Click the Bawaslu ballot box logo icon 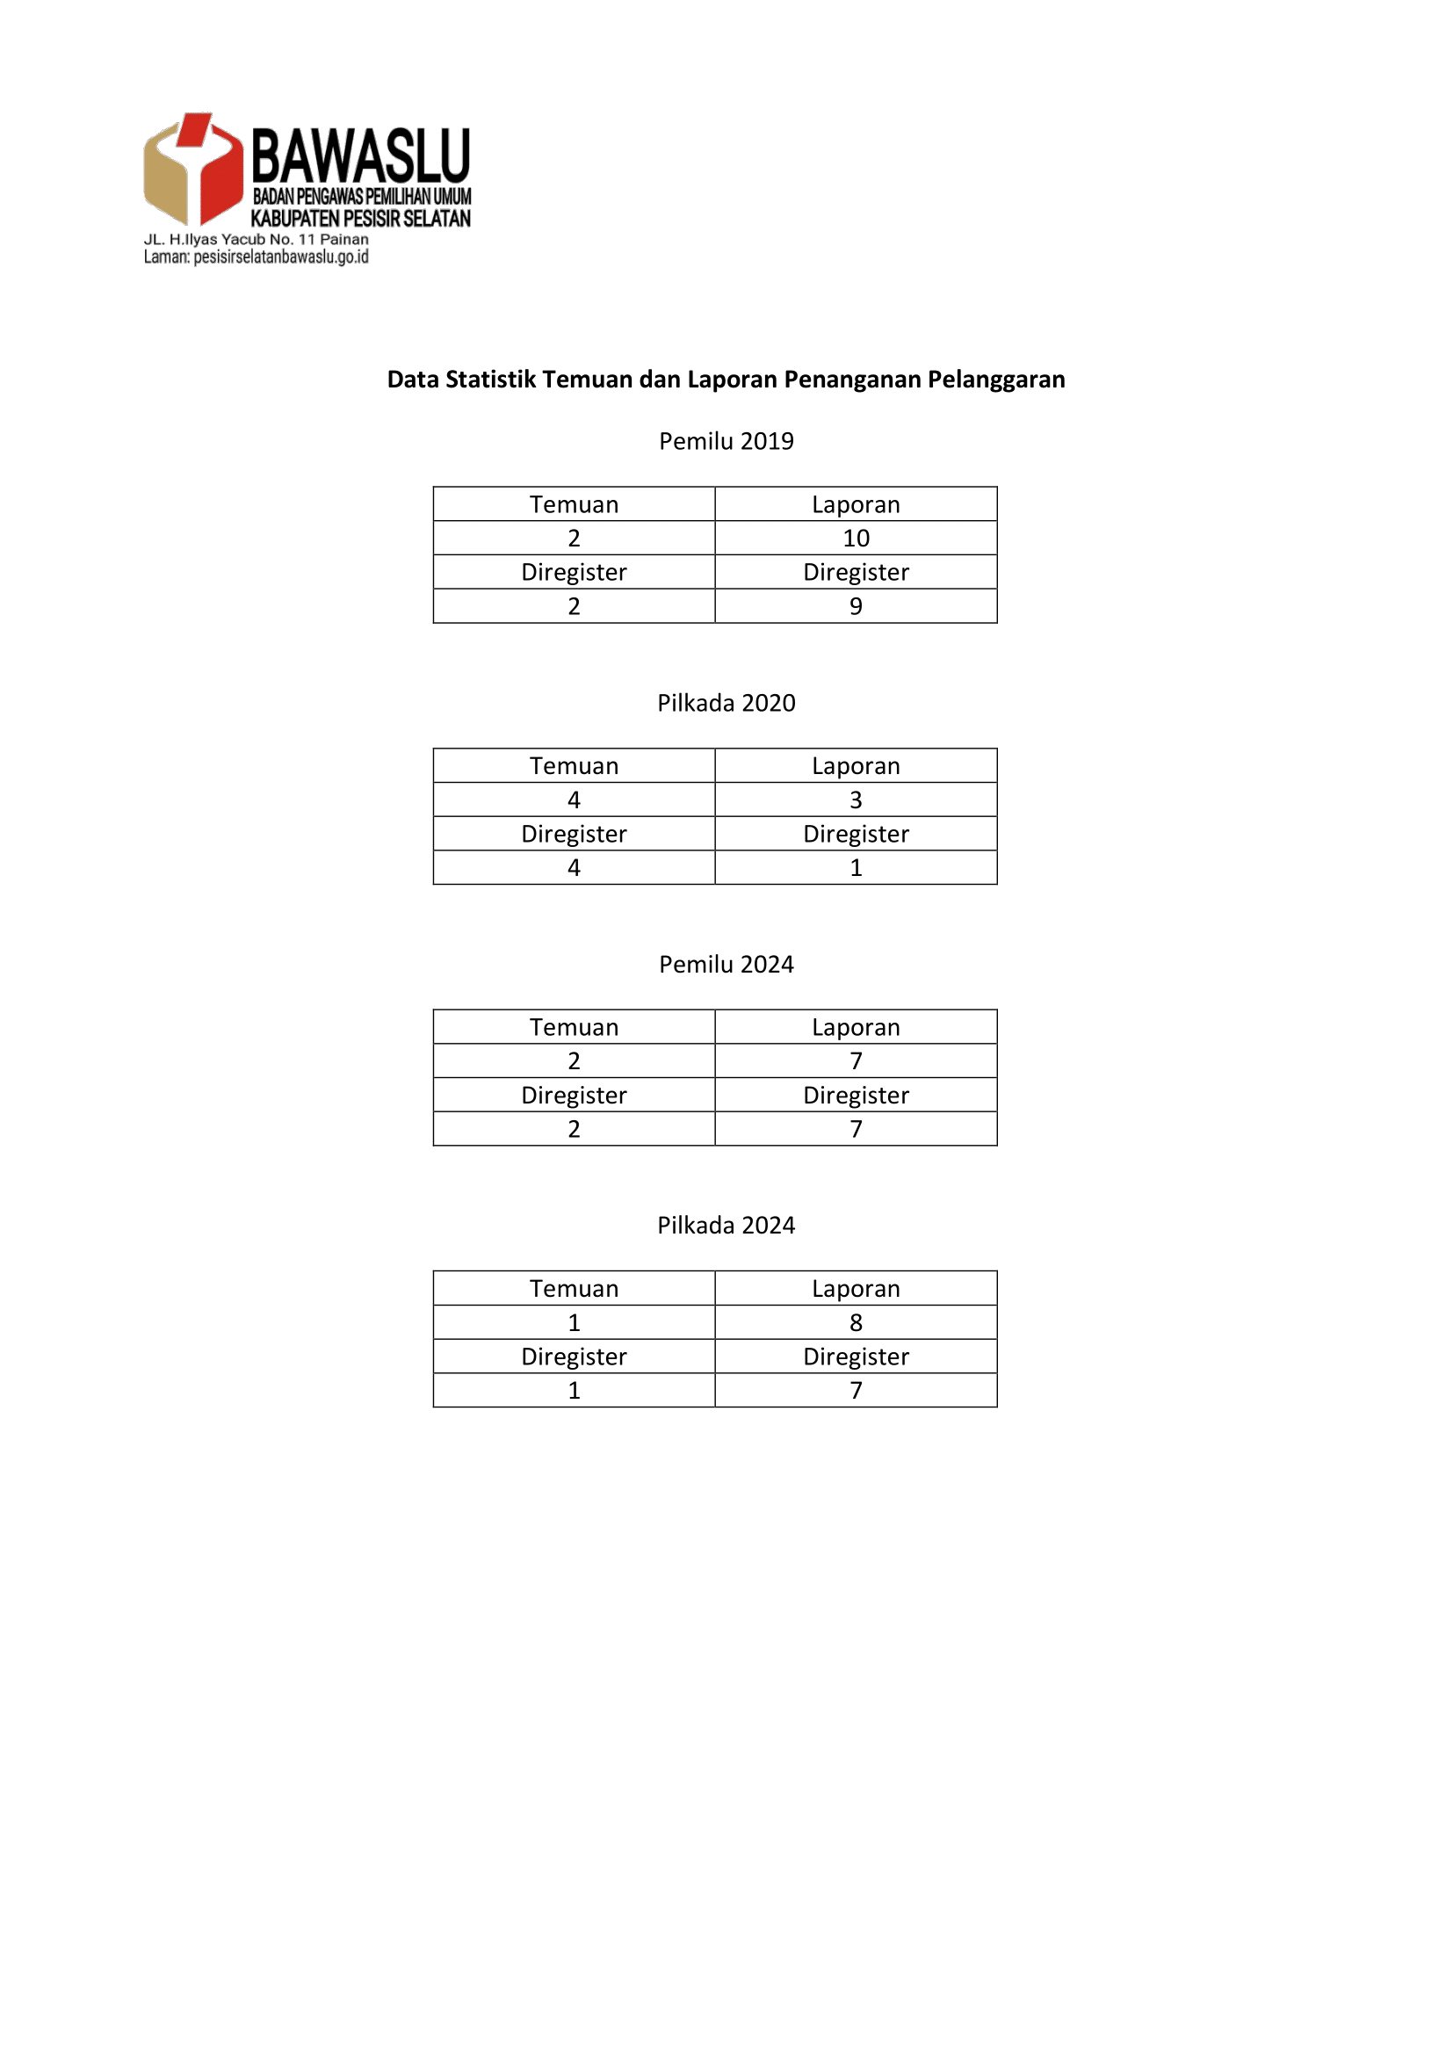click(192, 169)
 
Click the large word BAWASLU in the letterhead click(360, 156)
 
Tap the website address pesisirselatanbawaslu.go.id click(281, 257)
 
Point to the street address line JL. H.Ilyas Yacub click(256, 239)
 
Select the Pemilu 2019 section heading click(726, 441)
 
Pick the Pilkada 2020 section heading click(726, 703)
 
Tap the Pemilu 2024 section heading click(726, 964)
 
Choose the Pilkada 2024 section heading click(726, 1226)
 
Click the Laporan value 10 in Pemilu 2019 click(856, 538)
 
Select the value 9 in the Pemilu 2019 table click(856, 606)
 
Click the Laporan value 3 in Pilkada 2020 click(856, 800)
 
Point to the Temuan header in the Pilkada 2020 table click(574, 766)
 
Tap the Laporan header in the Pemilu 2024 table click(856, 1028)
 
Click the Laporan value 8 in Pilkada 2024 click(856, 1322)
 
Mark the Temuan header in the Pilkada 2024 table click(574, 1289)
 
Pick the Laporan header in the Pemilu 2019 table click(856, 505)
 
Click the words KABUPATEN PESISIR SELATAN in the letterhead click(360, 219)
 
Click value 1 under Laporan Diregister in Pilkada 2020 click(856, 867)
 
